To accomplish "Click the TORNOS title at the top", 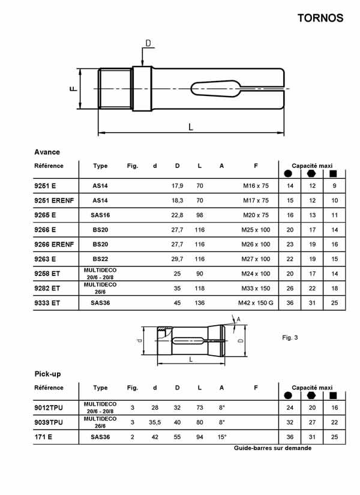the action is [x=320, y=17].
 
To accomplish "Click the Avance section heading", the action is [x=47, y=152].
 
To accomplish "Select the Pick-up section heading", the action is [x=47, y=374].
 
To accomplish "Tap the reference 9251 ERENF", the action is [x=54, y=200].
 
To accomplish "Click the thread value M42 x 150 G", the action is [x=256, y=303].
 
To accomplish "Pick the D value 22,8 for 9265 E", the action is [x=177, y=215].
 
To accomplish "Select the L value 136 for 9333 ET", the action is [x=200, y=303].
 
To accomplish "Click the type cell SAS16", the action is [x=100, y=215].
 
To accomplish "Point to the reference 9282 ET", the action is [x=47, y=288].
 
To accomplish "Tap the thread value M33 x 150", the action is [x=256, y=288].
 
